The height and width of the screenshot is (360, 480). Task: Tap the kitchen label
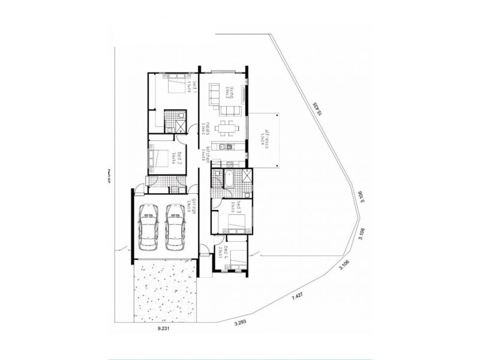coord(208,154)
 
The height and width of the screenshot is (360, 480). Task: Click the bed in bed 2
coord(158,159)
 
